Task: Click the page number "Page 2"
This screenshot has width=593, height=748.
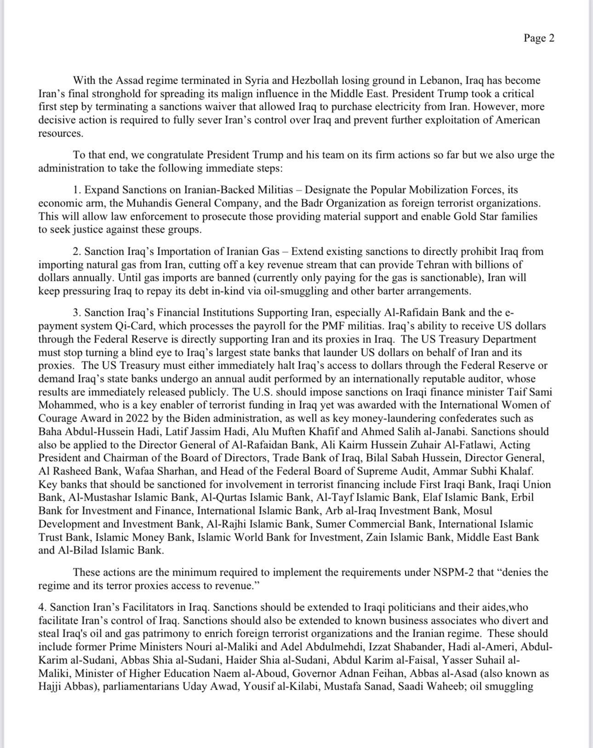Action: [x=539, y=38]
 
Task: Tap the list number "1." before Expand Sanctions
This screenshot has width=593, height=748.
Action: [x=77, y=190]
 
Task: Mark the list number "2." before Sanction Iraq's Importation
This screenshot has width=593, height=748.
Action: [x=77, y=251]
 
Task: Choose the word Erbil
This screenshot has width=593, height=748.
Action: [x=522, y=497]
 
